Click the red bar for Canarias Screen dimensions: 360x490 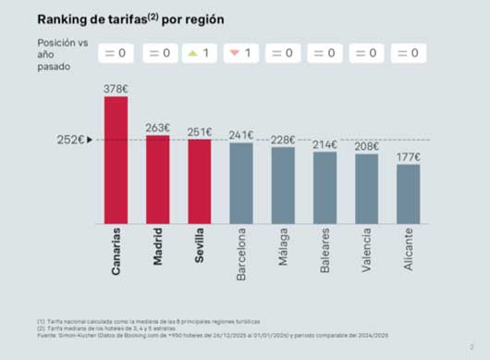116,159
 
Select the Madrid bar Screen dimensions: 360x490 157,179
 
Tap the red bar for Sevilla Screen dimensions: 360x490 199,181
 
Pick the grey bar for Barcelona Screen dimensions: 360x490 241,183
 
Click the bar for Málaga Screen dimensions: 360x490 283,185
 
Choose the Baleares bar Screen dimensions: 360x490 325,188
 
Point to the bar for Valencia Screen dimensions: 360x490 366,189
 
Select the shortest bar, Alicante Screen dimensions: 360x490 408,194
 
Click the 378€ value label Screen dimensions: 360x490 116,89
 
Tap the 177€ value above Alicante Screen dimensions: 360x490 408,156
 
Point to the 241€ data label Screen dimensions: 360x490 241,135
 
